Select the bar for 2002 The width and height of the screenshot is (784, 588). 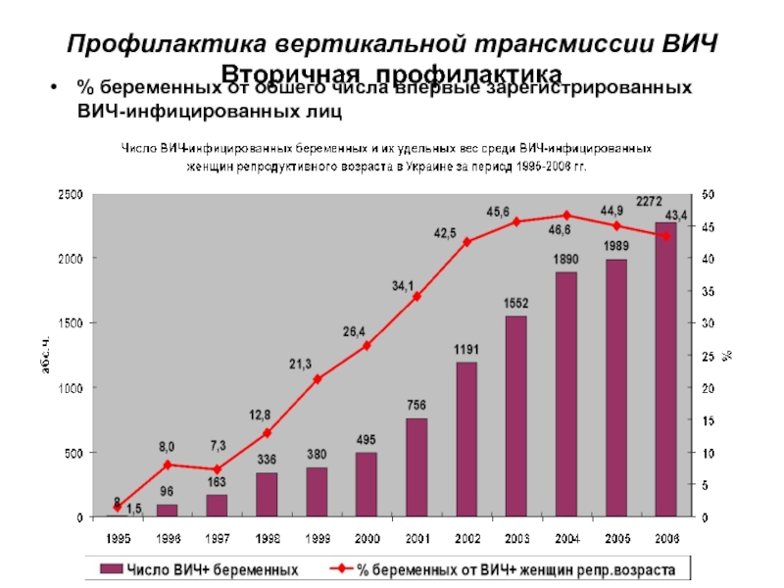click(466, 440)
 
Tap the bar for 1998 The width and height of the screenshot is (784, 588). click(268, 495)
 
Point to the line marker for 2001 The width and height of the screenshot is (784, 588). click(416, 296)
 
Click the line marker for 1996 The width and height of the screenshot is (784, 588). click(168, 465)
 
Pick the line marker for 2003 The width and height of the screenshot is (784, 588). click(516, 221)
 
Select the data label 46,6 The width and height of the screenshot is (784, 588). click(561, 231)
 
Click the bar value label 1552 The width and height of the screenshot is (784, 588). click(516, 304)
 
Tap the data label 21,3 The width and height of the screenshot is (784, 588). click(300, 364)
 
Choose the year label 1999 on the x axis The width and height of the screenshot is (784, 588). click(317, 538)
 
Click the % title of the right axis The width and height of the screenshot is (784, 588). click(728, 356)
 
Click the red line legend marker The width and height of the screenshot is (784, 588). click(339, 568)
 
